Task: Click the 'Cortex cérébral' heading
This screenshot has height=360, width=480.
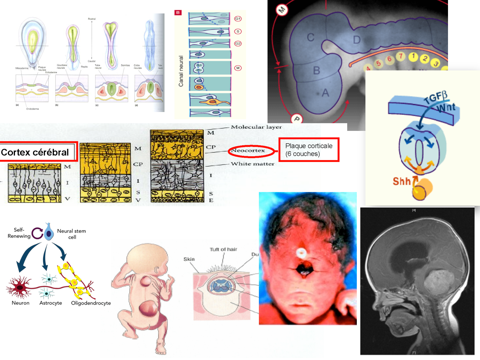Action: click(35, 152)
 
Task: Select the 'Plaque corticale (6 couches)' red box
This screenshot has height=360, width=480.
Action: click(309, 150)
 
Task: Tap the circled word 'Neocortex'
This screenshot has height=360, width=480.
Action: click(248, 150)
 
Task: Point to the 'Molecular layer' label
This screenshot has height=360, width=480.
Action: click(256, 127)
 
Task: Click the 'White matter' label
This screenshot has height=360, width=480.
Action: click(252, 164)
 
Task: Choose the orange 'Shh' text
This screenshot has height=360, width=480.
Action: click(402, 181)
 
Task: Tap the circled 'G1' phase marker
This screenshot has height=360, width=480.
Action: click(238, 19)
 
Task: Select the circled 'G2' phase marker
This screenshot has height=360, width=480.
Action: click(238, 44)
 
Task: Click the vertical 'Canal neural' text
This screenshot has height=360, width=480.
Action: click(181, 71)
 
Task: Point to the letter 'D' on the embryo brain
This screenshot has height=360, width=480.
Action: click(357, 40)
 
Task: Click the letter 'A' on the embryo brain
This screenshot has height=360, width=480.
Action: click(325, 93)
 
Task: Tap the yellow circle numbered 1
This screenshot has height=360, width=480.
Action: click(413, 57)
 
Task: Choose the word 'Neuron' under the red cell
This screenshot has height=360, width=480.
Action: click(20, 303)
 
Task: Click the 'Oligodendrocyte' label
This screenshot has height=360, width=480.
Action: click(91, 303)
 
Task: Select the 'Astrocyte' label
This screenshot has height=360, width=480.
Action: click(51, 303)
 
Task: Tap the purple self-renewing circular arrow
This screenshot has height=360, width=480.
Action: click(37, 233)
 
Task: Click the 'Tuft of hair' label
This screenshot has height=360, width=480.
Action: click(223, 249)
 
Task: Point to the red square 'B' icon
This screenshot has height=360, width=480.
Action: click(178, 13)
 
